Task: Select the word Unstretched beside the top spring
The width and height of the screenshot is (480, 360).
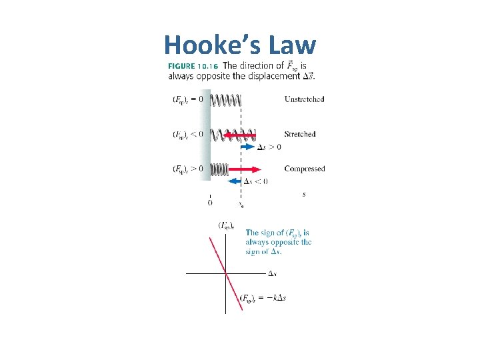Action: click(304, 99)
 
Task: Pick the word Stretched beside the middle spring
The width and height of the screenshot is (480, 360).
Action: click(299, 134)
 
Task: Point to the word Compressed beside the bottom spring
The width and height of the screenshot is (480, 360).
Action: click(304, 169)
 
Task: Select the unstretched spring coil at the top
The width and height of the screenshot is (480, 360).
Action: click(225, 101)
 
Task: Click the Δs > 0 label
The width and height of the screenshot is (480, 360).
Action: click(269, 147)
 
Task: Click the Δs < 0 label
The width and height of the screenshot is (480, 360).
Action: click(256, 181)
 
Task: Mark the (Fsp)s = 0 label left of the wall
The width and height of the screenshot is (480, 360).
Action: click(188, 100)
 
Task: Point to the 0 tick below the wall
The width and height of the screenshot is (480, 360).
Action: click(211, 201)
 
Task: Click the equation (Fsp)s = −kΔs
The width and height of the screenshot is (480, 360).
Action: click(263, 297)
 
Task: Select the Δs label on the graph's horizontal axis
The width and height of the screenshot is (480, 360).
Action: click(273, 273)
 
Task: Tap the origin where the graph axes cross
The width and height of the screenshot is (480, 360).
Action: click(227, 273)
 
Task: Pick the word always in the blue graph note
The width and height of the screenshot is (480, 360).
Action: click(257, 242)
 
